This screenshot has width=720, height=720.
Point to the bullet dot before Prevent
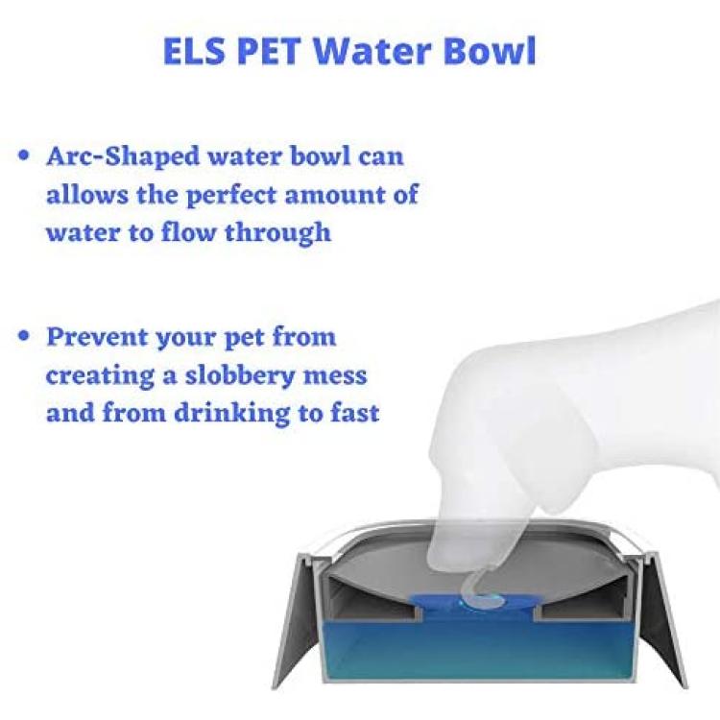23,335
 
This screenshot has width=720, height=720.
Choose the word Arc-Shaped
124,157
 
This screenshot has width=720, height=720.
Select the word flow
188,231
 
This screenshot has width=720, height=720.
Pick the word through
277,232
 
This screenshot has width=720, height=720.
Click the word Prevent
97,337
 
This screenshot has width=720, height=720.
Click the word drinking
232,413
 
